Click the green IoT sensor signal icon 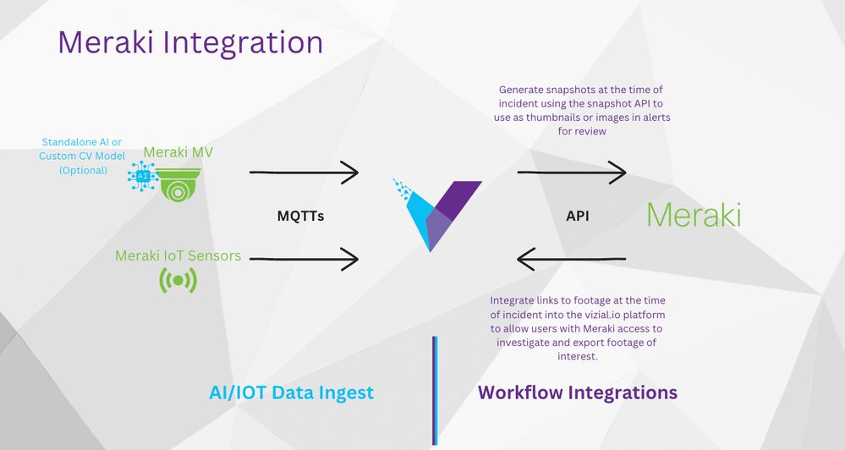tap(178, 280)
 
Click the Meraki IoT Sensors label tap(178, 255)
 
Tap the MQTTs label tap(301, 217)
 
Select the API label tap(577, 217)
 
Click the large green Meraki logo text tap(694, 215)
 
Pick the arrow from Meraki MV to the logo tap(305, 173)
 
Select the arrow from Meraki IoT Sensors tap(305, 259)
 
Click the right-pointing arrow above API tap(571, 173)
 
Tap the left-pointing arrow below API tap(571, 259)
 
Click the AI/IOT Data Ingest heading tap(291, 392)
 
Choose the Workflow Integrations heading tap(577, 392)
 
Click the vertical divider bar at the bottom tap(435, 390)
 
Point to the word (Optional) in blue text tap(83, 170)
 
